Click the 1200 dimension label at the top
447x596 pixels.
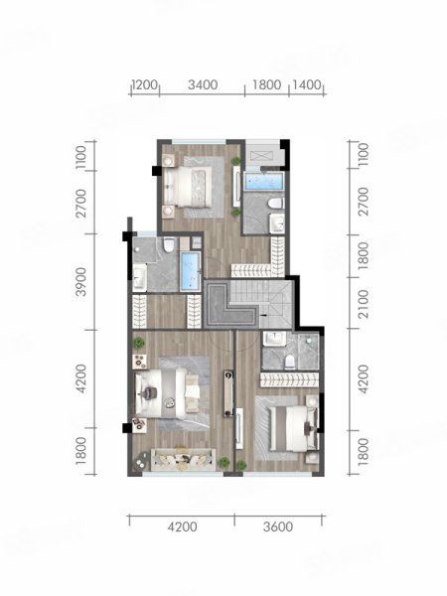click(x=145, y=84)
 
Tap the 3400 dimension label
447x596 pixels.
click(x=203, y=84)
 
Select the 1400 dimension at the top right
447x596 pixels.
click(x=307, y=84)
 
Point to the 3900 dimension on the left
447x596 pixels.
click(x=81, y=281)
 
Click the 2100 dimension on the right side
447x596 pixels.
click(x=363, y=304)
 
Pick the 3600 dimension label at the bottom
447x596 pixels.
click(x=278, y=527)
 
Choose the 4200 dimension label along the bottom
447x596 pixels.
click(x=183, y=527)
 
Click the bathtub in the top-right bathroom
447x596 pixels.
click(x=264, y=182)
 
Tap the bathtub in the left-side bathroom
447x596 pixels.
click(x=191, y=270)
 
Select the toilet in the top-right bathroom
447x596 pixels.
click(x=276, y=203)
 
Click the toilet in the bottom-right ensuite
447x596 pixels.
click(x=290, y=362)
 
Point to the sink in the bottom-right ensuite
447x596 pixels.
click(x=274, y=339)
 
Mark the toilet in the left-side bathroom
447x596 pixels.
click(x=169, y=244)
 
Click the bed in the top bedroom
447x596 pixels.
click(x=188, y=187)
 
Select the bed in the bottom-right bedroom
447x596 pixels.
click(x=293, y=429)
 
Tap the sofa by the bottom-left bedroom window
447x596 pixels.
click(x=183, y=460)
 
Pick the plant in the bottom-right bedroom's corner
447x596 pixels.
click(x=241, y=465)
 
